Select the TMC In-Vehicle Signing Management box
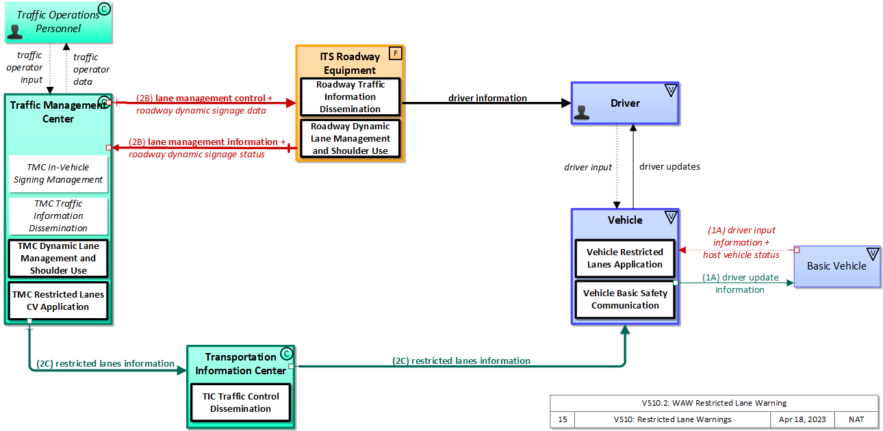coord(58,174)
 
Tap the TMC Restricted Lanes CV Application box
coord(58,301)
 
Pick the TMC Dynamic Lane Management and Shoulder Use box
coord(58,259)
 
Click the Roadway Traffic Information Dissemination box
coord(350,97)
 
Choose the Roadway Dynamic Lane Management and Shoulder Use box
coord(350,138)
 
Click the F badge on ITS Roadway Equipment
coord(395,53)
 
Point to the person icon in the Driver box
coord(582,113)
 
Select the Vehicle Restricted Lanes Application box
coord(624,259)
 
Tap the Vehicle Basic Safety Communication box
coord(625,300)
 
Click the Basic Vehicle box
coord(836,266)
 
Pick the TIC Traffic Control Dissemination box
coord(240,403)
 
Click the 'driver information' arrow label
coord(487,98)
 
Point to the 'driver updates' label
coord(669,166)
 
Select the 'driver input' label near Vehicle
coord(588,167)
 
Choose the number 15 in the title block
coord(562,419)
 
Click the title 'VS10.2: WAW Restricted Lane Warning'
coord(713,403)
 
